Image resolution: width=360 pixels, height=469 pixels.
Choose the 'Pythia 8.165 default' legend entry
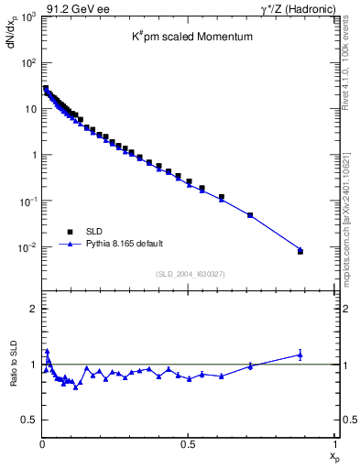click(125, 244)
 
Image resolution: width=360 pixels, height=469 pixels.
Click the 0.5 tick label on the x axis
click(188, 444)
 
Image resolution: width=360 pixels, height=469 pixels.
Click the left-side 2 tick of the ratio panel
click(33, 309)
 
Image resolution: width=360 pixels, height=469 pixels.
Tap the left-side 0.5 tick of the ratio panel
click(29, 420)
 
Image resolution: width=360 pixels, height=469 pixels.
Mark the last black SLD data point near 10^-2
click(300, 251)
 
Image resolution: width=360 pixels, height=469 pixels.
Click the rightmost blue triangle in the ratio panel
click(300, 354)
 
